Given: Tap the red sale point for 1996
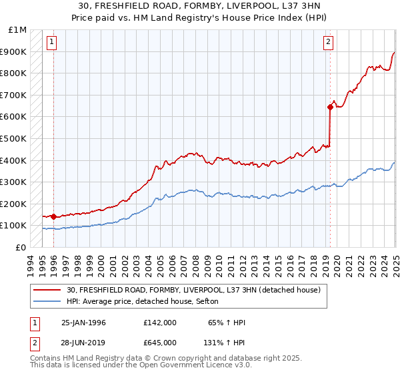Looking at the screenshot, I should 53,216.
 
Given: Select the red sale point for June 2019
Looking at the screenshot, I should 330,106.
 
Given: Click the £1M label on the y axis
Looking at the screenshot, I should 18,30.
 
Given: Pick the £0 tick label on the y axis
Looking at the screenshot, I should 22,247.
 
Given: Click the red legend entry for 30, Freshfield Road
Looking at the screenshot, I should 194,290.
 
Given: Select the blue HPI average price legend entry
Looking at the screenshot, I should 147,302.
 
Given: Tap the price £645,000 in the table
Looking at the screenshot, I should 160,343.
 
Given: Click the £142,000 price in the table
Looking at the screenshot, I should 160,323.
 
